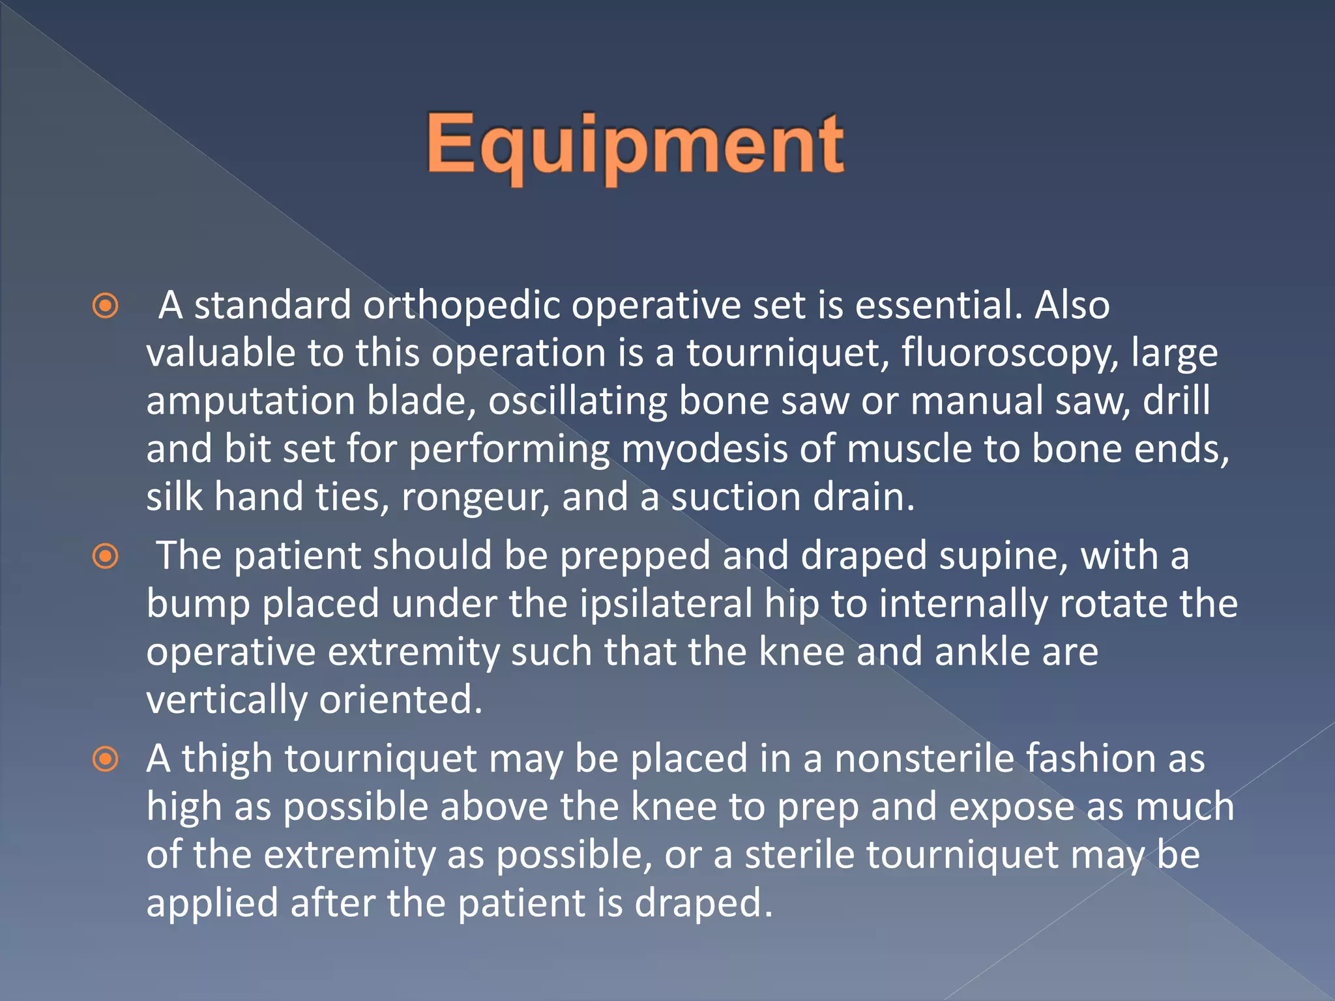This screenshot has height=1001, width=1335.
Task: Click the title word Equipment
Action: click(x=635, y=145)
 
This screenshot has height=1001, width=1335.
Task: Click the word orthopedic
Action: click(x=462, y=305)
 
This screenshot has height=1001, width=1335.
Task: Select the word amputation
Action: click(x=250, y=401)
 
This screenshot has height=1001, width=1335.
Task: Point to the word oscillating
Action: click(x=578, y=401)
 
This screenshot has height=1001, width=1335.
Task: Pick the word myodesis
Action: click(x=704, y=449)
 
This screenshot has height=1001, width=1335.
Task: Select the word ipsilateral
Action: click(x=666, y=603)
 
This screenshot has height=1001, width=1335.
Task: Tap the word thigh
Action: click(x=226, y=759)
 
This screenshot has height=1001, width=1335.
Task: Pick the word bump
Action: click(x=198, y=605)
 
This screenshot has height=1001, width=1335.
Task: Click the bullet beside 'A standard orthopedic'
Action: click(x=106, y=306)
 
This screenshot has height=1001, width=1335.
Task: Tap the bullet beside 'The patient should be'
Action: click(x=106, y=557)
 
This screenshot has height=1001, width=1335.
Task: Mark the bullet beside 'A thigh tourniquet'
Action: click(x=106, y=759)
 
